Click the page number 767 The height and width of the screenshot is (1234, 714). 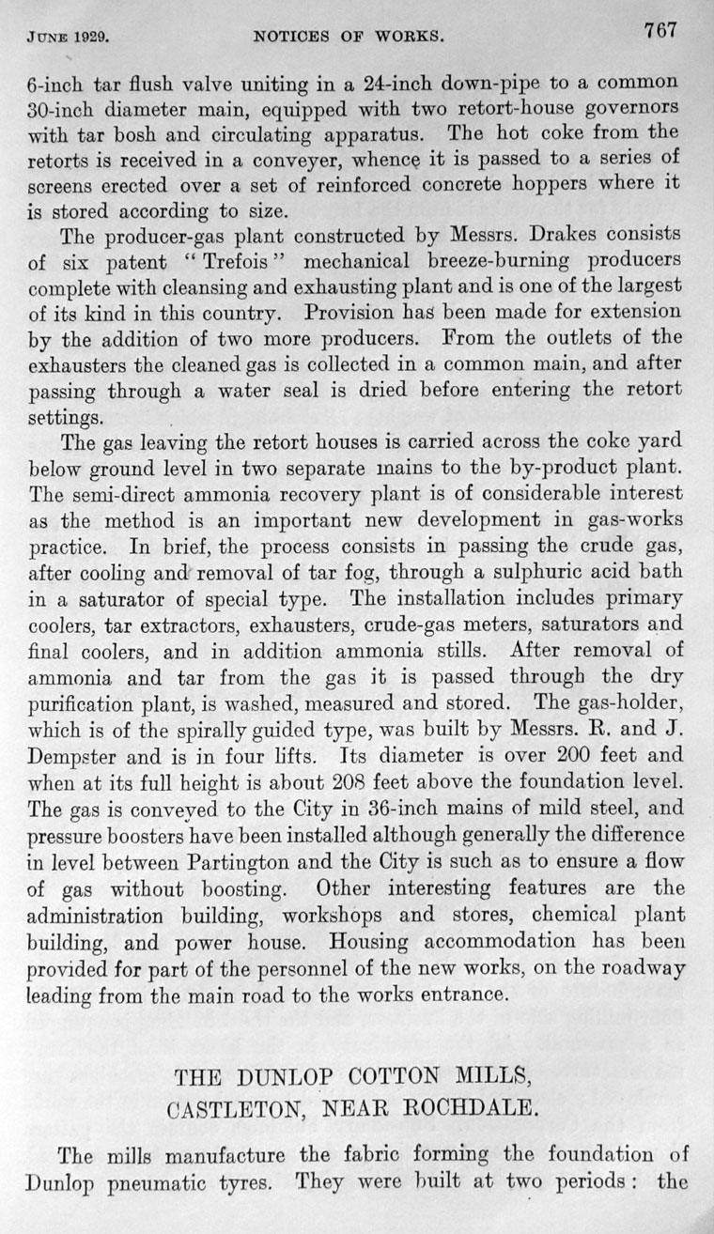click(660, 30)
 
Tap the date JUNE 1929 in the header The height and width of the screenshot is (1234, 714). click(67, 39)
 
